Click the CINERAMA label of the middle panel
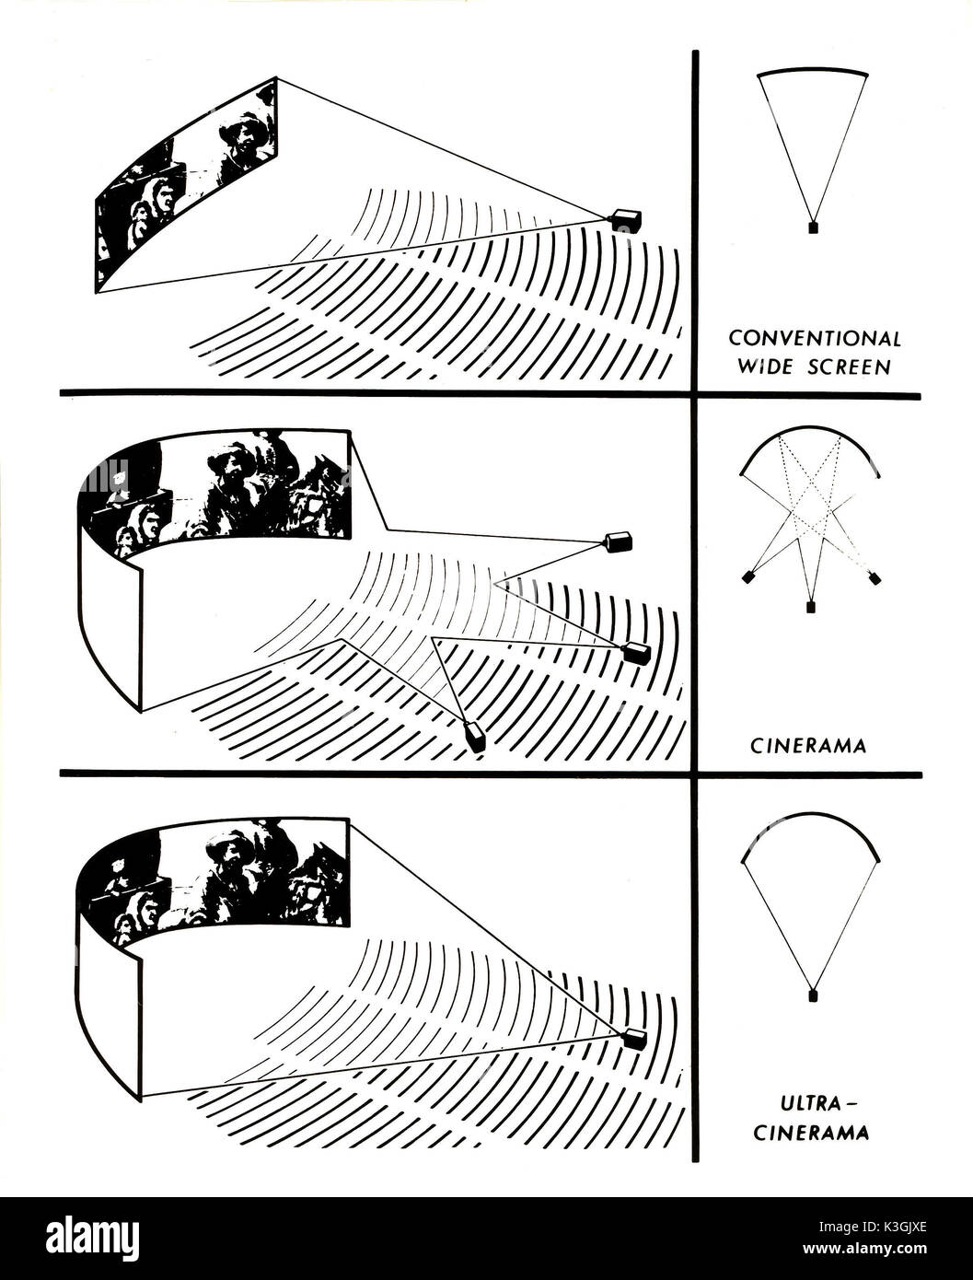point(807,746)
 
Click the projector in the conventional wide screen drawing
point(625,219)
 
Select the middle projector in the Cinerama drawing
point(636,654)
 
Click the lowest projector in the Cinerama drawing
point(476,737)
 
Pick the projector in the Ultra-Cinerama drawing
point(634,1039)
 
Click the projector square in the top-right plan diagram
point(813,227)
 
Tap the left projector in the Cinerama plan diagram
point(749,578)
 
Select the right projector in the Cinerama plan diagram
point(874,578)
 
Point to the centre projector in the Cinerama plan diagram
point(811,606)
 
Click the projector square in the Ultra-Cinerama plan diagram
point(812,995)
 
